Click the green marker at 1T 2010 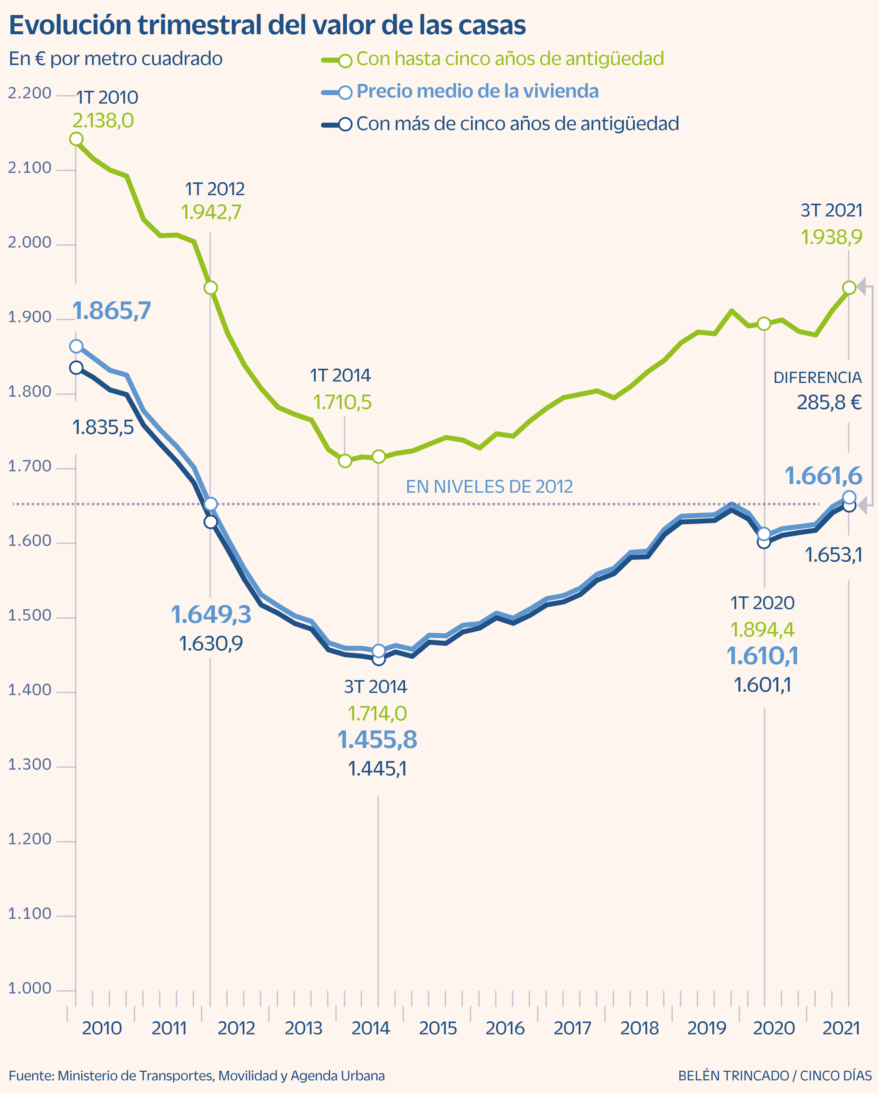coord(76,139)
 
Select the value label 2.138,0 coord(103,121)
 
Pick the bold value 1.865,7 coord(112,311)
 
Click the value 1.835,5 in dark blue coord(103,427)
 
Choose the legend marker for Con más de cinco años coord(345,124)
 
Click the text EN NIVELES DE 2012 coord(489,487)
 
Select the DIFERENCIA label coord(817,378)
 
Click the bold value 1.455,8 coord(377,740)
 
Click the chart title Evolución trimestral coord(267,25)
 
